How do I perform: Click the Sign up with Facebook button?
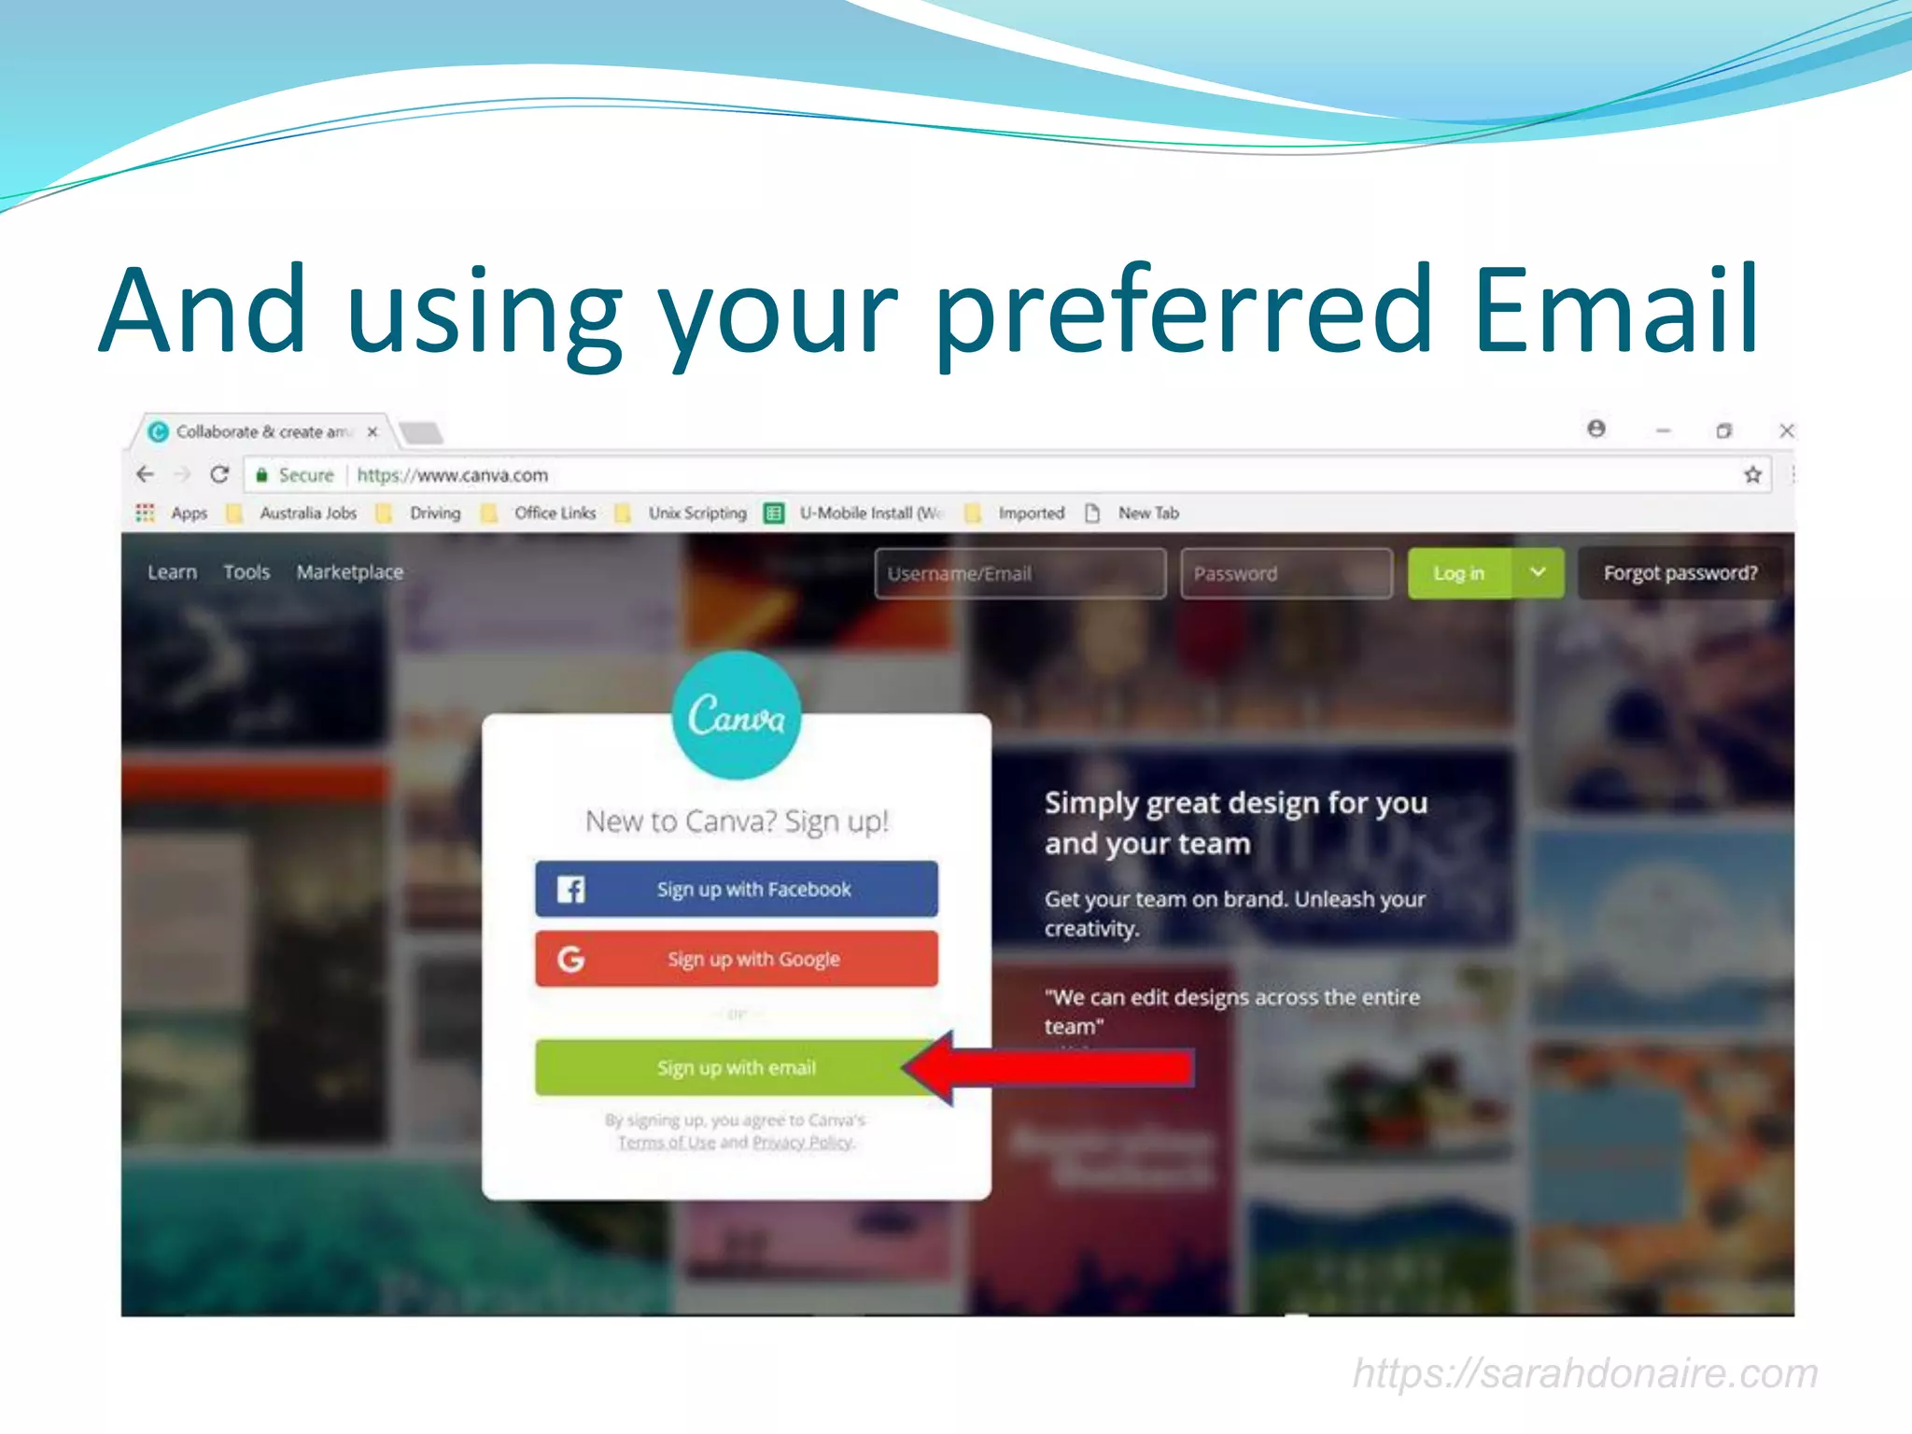(736, 889)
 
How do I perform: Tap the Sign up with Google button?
(736, 959)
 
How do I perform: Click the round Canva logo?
(736, 715)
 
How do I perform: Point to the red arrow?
(1055, 1067)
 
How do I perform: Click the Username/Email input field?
(1019, 573)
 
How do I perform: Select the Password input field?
(1286, 573)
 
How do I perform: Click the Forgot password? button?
(1680, 573)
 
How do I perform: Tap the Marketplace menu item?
(350, 572)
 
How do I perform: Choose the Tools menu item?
(246, 572)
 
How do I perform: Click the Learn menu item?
(173, 572)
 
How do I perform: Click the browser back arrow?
(146, 474)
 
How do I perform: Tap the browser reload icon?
(219, 474)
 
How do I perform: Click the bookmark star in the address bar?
(1752, 474)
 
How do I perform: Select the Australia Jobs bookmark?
(308, 513)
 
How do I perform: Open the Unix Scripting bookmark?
(697, 513)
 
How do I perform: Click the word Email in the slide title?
(1615, 310)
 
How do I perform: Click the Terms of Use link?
(667, 1143)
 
